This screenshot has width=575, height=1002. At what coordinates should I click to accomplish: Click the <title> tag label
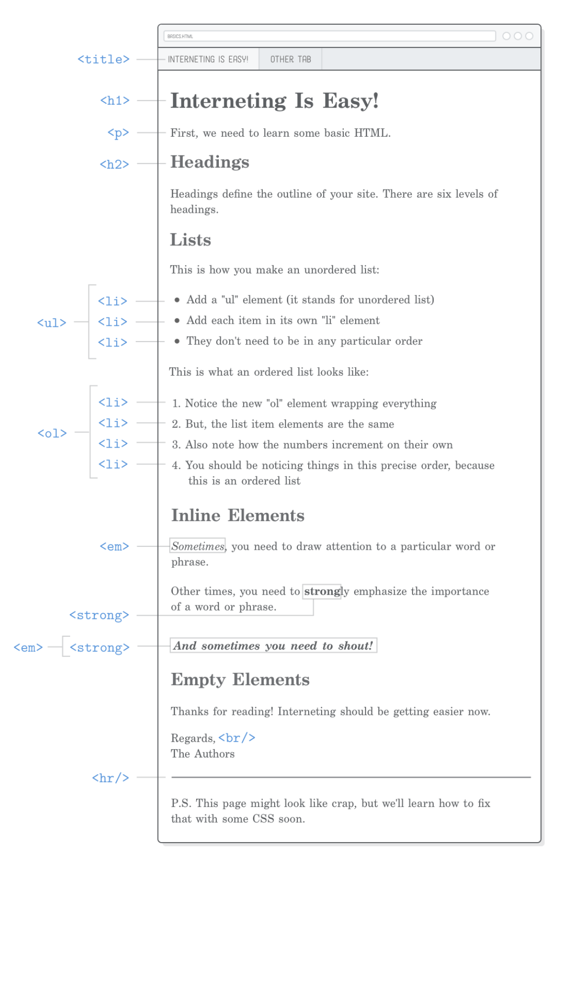tap(103, 59)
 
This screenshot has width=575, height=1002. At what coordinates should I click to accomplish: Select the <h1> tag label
tap(115, 101)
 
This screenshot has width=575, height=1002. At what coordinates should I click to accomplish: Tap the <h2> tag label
tap(114, 164)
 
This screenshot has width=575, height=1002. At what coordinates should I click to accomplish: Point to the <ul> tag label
tap(51, 323)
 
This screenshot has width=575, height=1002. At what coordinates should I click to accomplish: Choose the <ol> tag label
tap(52, 433)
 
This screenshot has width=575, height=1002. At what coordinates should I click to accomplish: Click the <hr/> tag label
tap(110, 778)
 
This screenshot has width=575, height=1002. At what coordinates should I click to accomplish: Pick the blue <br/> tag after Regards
tap(237, 737)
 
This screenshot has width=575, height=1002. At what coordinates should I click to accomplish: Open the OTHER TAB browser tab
tap(290, 59)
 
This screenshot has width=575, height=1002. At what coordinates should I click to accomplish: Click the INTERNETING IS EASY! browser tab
tap(208, 59)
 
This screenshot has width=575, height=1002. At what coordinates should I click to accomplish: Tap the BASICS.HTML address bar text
tap(180, 36)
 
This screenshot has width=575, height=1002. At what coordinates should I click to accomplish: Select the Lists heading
tap(190, 240)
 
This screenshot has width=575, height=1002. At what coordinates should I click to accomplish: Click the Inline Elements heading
tap(238, 515)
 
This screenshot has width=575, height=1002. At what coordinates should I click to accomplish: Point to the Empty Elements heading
tap(240, 680)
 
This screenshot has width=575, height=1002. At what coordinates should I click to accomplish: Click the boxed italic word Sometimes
tap(198, 546)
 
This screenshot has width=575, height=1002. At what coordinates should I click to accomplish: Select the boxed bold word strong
tap(322, 591)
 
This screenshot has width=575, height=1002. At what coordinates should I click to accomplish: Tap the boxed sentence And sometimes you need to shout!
tap(273, 646)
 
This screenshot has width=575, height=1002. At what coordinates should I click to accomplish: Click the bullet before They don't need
tap(177, 341)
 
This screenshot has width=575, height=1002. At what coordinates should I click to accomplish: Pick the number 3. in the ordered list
tap(176, 445)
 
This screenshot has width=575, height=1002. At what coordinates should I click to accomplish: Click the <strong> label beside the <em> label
tap(99, 648)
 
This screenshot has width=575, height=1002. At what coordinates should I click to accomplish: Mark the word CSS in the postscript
tap(263, 819)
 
